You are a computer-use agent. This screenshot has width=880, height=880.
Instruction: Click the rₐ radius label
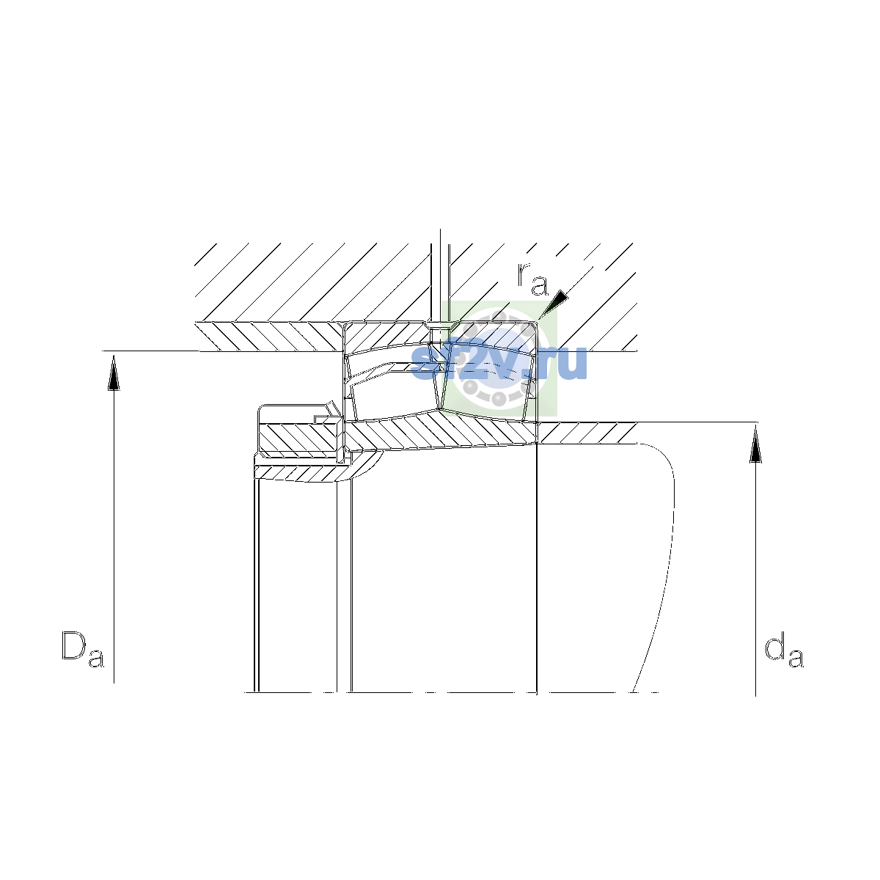532,279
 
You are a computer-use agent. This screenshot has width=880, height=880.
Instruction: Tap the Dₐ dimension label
83,649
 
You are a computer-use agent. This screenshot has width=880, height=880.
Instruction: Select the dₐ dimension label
784,649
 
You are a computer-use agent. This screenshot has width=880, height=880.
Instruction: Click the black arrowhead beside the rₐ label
554,303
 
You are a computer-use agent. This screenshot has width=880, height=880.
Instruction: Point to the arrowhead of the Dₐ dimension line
114,373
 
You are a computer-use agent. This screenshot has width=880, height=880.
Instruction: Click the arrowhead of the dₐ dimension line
756,444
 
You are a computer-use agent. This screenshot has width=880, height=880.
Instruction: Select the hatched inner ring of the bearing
441,431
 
